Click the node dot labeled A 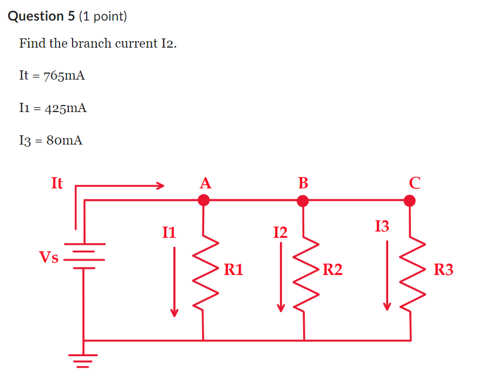coord(204,201)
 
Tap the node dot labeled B coord(303,201)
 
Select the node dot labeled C coord(410,201)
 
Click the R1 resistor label coord(234,269)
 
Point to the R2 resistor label coord(332,269)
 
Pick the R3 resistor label coord(443,269)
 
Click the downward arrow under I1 coord(174,282)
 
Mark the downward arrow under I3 coord(387,276)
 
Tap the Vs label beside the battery coord(49,257)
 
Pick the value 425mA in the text coord(66,108)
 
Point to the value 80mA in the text coord(64,141)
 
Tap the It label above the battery coord(57,183)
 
